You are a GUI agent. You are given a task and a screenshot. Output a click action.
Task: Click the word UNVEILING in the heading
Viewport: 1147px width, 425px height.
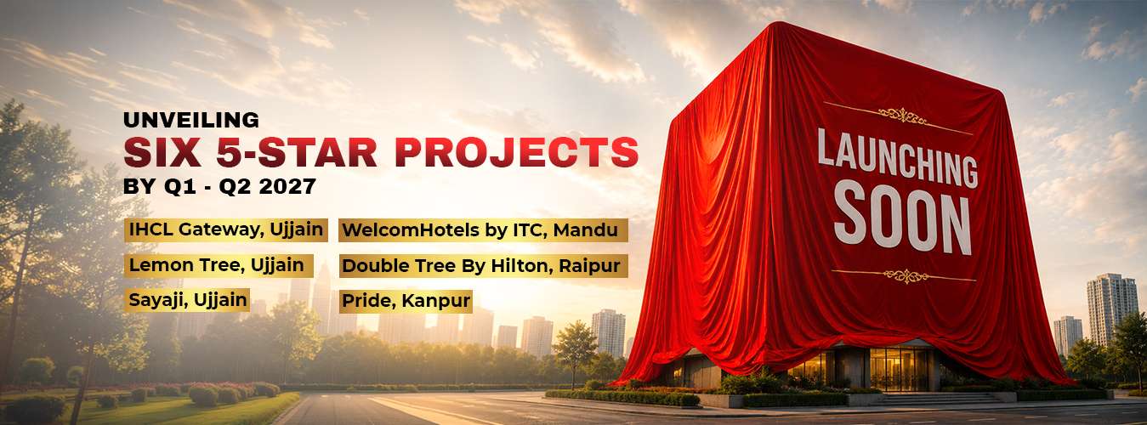click(191, 120)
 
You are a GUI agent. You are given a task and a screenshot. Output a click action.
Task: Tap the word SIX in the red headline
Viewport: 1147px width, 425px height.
click(162, 152)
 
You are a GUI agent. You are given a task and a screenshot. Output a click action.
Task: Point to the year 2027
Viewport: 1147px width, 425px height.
click(287, 186)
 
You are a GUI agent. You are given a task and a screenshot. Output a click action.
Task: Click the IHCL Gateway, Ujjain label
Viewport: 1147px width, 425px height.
click(226, 229)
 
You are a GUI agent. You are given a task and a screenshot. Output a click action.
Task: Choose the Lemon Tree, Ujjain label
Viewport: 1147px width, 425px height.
click(219, 266)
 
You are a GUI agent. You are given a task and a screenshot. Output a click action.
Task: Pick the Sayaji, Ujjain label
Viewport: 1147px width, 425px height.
click(187, 300)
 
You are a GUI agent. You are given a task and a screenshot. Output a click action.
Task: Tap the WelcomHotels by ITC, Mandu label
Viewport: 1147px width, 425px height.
click(484, 230)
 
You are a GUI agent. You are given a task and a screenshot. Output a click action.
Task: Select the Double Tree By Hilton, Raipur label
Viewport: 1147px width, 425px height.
click(484, 266)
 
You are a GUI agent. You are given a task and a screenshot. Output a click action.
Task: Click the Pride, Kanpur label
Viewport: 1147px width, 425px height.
click(406, 301)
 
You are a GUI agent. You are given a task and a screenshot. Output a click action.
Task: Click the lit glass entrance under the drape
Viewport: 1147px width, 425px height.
click(900, 369)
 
